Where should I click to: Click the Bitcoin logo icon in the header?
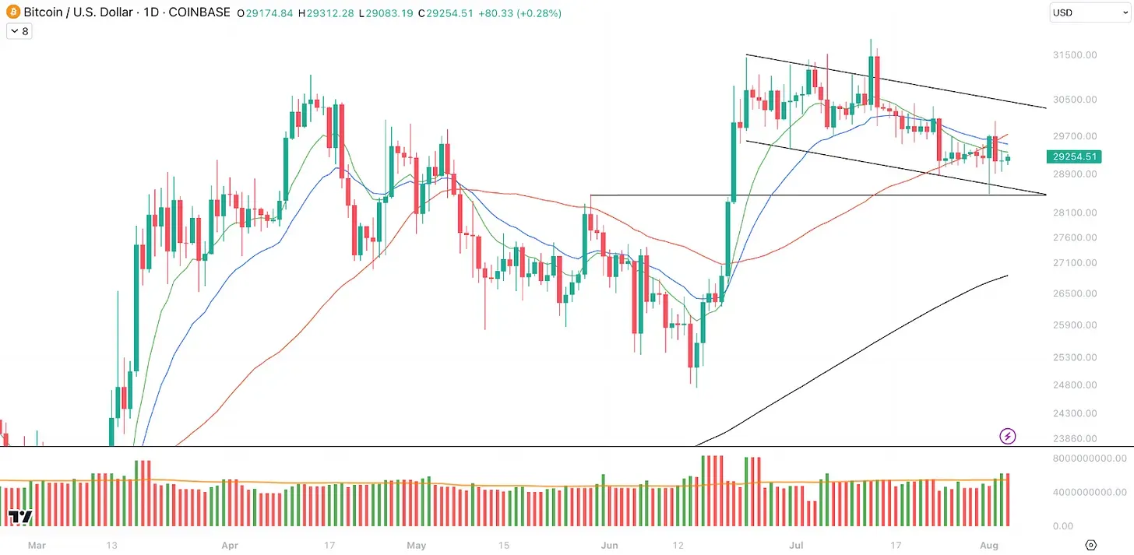[x=12, y=13]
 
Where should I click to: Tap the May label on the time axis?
[x=417, y=545]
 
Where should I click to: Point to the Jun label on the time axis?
[x=609, y=545]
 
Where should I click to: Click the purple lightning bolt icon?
[x=1008, y=436]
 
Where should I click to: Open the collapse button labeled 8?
[x=19, y=32]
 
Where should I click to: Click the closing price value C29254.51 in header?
[x=445, y=13]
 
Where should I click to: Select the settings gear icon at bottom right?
[x=1090, y=545]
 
